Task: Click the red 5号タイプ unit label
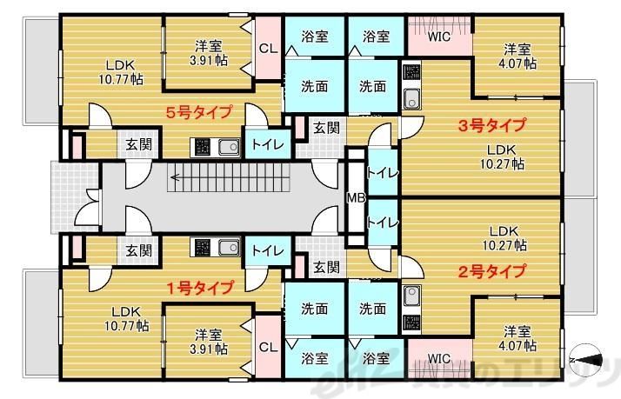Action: [x=199, y=111]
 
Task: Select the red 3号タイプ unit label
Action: [x=491, y=124]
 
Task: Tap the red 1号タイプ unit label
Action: [x=199, y=287]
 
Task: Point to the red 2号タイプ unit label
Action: [x=491, y=270]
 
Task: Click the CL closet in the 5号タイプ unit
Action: [x=268, y=49]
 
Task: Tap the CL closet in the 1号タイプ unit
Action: [x=268, y=347]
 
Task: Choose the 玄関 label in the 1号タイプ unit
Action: [x=137, y=250]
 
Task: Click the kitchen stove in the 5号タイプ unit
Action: [x=201, y=146]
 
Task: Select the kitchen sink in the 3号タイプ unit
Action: [x=412, y=96]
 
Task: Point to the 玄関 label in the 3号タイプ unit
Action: [x=326, y=128]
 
